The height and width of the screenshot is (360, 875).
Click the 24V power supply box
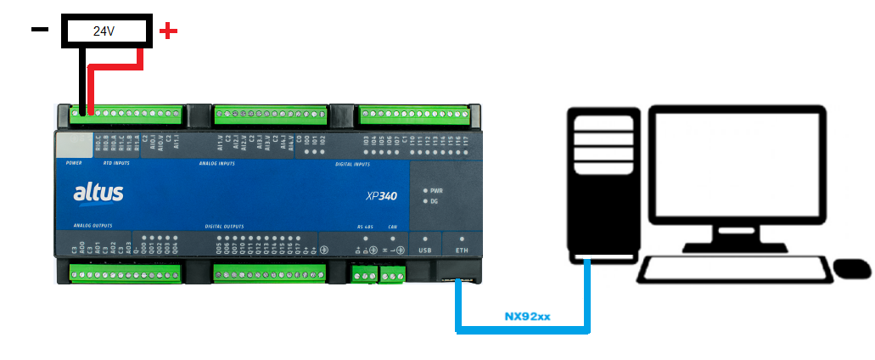click(104, 31)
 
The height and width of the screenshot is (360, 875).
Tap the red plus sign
click(169, 31)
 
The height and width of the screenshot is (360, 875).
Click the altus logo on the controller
click(98, 194)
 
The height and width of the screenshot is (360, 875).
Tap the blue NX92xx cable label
click(527, 317)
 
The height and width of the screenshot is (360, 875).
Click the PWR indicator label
click(436, 191)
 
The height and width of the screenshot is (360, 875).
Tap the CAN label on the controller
click(392, 228)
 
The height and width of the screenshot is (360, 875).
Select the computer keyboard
click(732, 270)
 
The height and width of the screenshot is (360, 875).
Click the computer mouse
click(852, 269)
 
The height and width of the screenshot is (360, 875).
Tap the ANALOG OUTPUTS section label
click(93, 227)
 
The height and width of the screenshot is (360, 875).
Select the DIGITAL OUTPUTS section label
click(225, 227)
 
